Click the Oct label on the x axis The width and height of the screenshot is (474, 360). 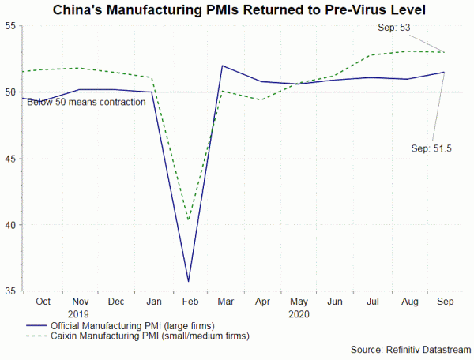click(44, 302)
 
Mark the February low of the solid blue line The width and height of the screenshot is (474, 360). click(188, 281)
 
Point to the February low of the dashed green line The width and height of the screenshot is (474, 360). click(188, 219)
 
